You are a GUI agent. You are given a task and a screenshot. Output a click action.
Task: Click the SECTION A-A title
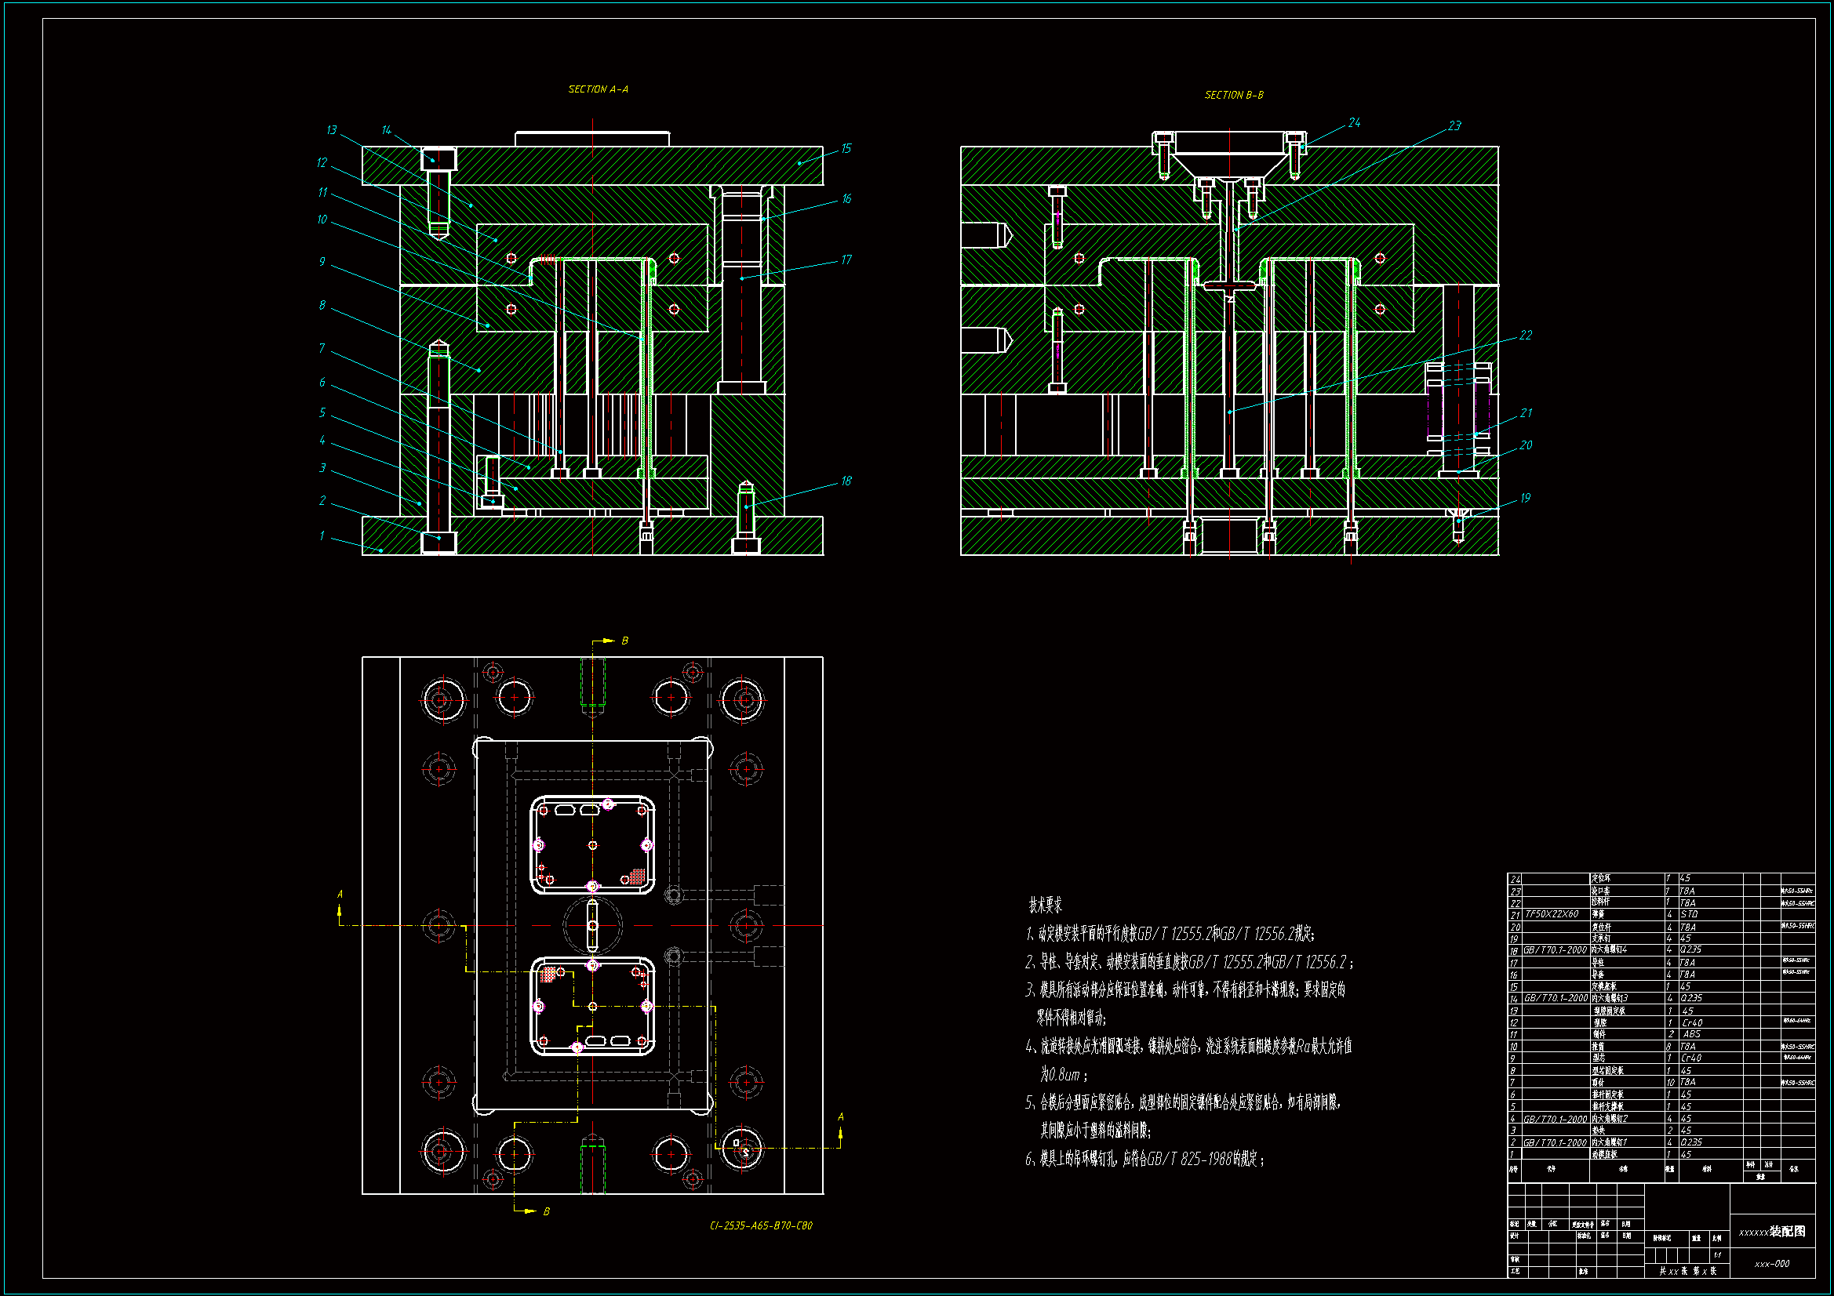598,89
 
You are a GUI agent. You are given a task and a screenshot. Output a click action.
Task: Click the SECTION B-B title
1233,95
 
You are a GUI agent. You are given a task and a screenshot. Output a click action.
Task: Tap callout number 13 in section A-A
332,130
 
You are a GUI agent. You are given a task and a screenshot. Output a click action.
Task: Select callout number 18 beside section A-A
846,481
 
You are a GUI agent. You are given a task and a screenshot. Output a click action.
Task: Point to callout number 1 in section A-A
322,535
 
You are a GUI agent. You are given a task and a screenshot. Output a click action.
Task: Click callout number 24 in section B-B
1354,123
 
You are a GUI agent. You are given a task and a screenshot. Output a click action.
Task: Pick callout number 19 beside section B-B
1525,499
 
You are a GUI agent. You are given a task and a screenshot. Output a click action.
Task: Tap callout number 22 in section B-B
1525,336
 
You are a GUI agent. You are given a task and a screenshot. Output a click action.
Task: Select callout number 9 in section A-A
322,262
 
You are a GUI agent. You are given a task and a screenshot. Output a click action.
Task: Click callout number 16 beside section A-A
846,199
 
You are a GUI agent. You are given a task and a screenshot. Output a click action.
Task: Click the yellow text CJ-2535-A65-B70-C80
760,1225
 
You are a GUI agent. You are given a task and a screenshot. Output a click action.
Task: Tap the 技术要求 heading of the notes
1045,906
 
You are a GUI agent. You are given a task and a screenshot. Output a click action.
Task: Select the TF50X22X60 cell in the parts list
1552,914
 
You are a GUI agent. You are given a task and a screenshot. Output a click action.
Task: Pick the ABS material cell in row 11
1691,1034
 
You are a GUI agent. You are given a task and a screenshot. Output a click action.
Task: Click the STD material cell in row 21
1689,914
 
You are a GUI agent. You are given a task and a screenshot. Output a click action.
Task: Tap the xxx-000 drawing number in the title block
1772,1264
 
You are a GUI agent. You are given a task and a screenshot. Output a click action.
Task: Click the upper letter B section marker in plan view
624,641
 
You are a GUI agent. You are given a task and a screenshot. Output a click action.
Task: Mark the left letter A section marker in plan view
340,895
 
